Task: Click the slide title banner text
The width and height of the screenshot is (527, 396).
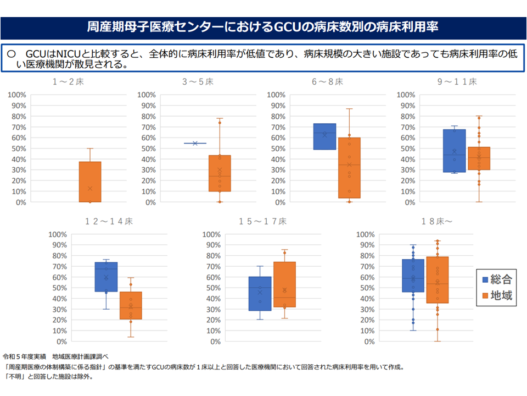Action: pos(263,27)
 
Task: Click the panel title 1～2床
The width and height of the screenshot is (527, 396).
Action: pos(68,82)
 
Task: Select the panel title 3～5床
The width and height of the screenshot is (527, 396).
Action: pos(198,82)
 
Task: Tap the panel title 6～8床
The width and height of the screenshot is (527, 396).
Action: pos(328,82)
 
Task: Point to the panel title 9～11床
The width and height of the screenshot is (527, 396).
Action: pos(457,82)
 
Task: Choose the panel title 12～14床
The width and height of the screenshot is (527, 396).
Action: pos(109,222)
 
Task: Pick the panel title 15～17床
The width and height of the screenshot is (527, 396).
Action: pos(262,222)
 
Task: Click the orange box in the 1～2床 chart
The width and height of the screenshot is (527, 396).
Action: pos(90,182)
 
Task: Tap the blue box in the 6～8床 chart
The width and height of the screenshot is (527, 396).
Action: pos(324,136)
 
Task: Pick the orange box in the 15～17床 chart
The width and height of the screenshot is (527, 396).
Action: pos(284,283)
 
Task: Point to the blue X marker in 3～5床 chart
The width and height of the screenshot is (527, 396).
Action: pos(195,143)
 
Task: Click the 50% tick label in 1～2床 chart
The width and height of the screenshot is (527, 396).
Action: pos(19,148)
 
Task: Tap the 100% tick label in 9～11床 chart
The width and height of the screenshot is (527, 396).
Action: pos(407,95)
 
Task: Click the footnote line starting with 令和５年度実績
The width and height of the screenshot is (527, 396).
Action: pos(56,356)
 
